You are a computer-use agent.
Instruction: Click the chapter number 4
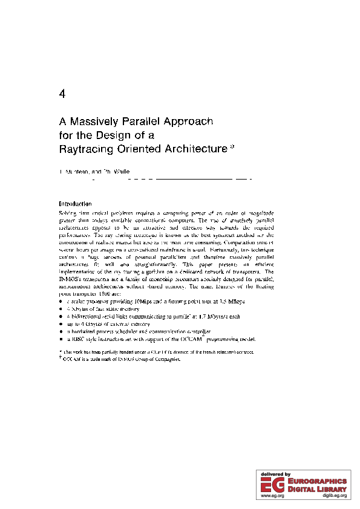(62, 94)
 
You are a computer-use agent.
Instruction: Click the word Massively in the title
(97, 122)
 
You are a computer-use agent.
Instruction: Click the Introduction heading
(74, 204)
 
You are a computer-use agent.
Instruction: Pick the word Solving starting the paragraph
(68, 213)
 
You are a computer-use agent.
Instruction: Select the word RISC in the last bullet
(77, 340)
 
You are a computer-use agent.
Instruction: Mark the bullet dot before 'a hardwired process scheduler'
(61, 332)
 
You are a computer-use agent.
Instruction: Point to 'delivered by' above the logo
(275, 474)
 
